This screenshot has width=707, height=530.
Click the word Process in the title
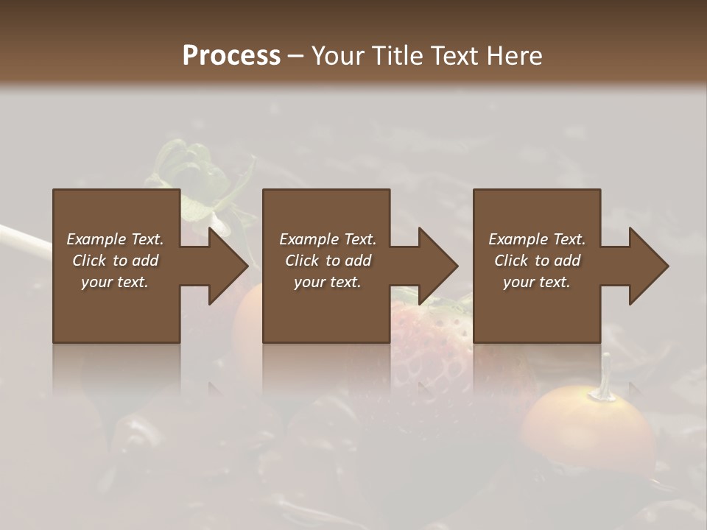pos(231,56)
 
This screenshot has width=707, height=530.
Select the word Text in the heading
pos(456,56)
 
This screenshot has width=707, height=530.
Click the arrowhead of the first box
pos(227,266)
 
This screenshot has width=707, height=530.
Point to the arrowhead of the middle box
pos(437,266)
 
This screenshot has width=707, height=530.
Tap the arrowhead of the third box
pos(648,266)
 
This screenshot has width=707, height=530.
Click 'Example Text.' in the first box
pos(115,239)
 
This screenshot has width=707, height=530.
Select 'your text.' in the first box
pos(115,282)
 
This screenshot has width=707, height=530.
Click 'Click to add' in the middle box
pos(328,261)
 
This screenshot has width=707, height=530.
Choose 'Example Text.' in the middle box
pos(328,239)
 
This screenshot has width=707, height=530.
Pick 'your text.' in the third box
pos(536,282)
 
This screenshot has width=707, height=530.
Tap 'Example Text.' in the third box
pos(537,239)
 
